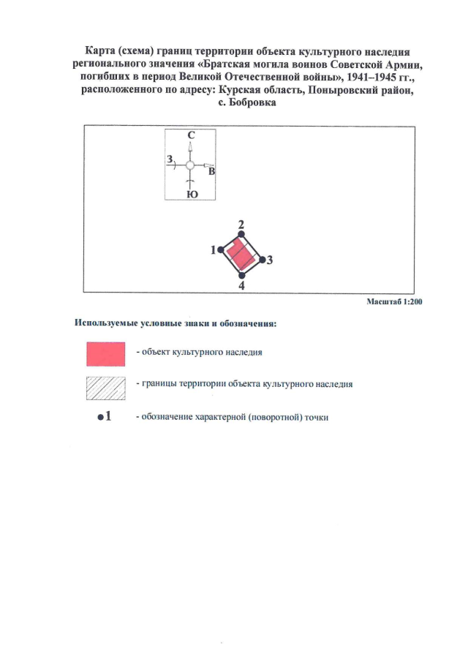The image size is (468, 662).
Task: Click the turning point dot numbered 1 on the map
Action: click(x=220, y=250)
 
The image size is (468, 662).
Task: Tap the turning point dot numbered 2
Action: click(x=241, y=234)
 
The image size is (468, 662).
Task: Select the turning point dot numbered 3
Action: click(x=262, y=259)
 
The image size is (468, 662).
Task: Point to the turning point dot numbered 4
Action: click(x=241, y=275)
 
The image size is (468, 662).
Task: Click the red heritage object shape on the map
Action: click(x=241, y=256)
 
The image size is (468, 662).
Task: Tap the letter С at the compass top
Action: click(x=191, y=135)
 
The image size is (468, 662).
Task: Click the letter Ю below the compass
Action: click(x=192, y=194)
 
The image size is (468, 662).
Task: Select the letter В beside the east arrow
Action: click(x=211, y=171)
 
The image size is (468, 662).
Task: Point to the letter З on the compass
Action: click(x=170, y=159)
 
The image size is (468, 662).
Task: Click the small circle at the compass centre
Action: click(x=190, y=165)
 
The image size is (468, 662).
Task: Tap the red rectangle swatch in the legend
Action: click(x=105, y=354)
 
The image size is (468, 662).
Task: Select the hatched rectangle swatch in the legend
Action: click(x=105, y=388)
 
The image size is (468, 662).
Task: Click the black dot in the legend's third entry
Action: click(x=100, y=417)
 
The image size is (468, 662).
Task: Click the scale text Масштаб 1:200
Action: click(x=394, y=301)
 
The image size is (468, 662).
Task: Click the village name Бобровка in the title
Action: click(x=252, y=102)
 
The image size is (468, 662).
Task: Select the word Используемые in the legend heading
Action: click(x=106, y=323)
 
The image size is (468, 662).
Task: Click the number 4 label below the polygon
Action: click(x=241, y=286)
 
